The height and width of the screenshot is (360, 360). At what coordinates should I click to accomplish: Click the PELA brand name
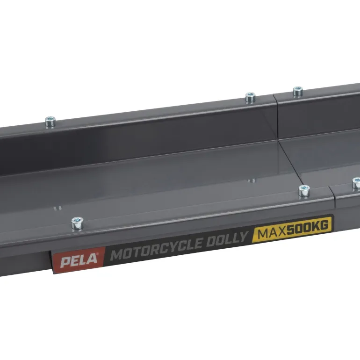[x=79, y=260]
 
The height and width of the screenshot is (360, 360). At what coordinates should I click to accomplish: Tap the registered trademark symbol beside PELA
[x=98, y=254]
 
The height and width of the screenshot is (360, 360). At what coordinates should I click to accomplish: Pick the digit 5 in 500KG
[x=291, y=230]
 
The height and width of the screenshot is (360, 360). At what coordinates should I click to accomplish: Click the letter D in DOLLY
[x=211, y=242]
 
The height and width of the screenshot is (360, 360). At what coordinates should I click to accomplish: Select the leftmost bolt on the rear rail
[x=50, y=122]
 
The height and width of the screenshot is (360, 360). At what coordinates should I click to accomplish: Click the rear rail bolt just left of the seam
[x=250, y=98]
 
